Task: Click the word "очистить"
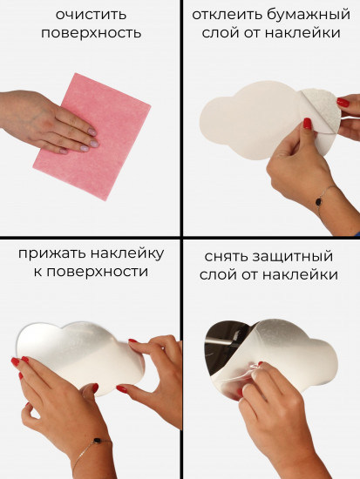pos(91,14)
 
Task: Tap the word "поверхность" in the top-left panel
pos(92,33)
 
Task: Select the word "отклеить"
pos(227,14)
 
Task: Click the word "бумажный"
pos(309,15)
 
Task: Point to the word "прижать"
pos(52,253)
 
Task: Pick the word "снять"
pos(226,256)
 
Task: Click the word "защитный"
pos(292,257)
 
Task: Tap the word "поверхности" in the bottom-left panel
pos(98,272)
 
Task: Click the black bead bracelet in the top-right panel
pos(318,202)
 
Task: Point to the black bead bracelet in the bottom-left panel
pos(98,440)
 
